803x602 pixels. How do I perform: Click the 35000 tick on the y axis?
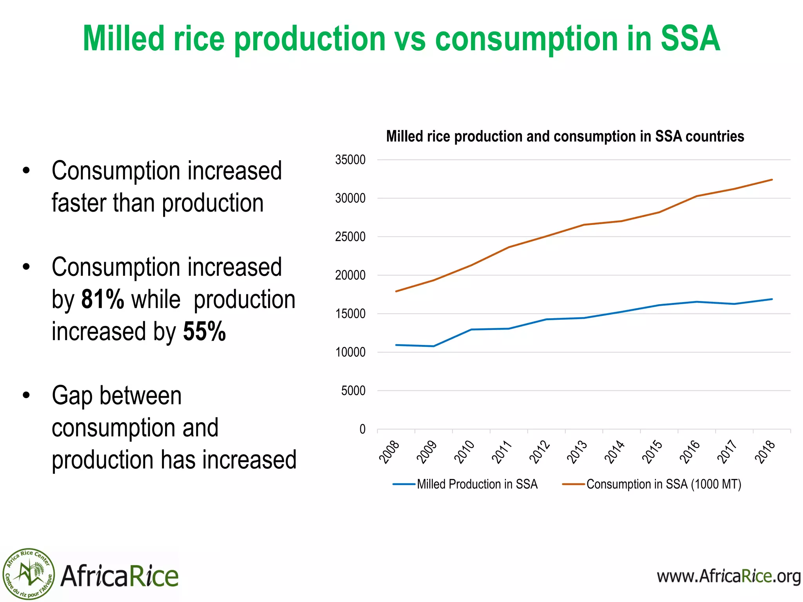(350, 160)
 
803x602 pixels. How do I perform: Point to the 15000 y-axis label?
(350, 314)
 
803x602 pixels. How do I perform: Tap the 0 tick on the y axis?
(362, 429)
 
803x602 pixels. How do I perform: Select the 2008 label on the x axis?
(389, 452)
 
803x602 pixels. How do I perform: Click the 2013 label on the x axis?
(577, 452)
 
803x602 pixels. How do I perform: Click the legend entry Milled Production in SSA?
(477, 484)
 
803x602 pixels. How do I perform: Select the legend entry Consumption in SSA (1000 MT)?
(663, 484)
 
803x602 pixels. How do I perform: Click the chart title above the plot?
(565, 136)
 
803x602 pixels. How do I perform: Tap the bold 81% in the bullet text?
(102, 300)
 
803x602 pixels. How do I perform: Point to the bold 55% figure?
(204, 332)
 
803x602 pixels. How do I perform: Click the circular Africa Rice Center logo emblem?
(28, 574)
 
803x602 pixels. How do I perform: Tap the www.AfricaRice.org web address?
(729, 577)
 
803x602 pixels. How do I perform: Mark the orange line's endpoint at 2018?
(772, 180)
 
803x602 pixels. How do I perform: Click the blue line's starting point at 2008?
(396, 345)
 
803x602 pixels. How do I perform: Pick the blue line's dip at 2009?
(433, 346)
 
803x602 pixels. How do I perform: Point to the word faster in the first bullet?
(78, 203)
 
